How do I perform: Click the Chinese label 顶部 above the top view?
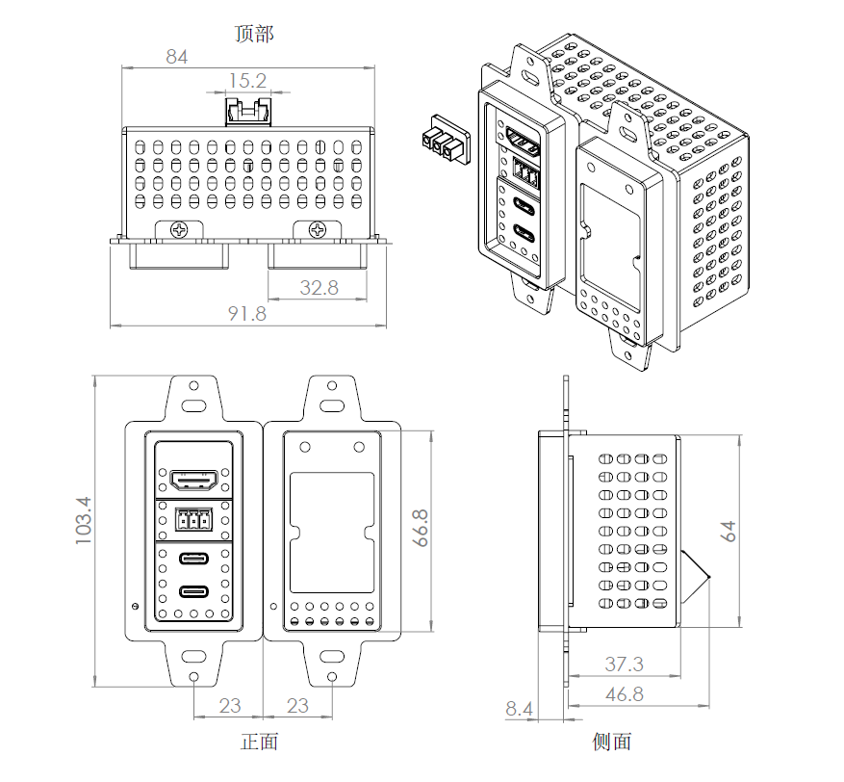254,35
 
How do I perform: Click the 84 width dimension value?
176,57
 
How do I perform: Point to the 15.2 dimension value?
246,81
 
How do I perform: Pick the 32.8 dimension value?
319,287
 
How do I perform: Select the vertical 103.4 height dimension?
84,521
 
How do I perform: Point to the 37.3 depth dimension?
624,664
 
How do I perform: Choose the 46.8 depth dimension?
624,693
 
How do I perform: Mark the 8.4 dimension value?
519,710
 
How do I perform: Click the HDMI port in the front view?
194,478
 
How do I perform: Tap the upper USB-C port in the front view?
194,559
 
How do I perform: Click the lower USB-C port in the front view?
194,592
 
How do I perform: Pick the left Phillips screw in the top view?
180,230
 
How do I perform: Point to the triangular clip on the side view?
694,576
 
